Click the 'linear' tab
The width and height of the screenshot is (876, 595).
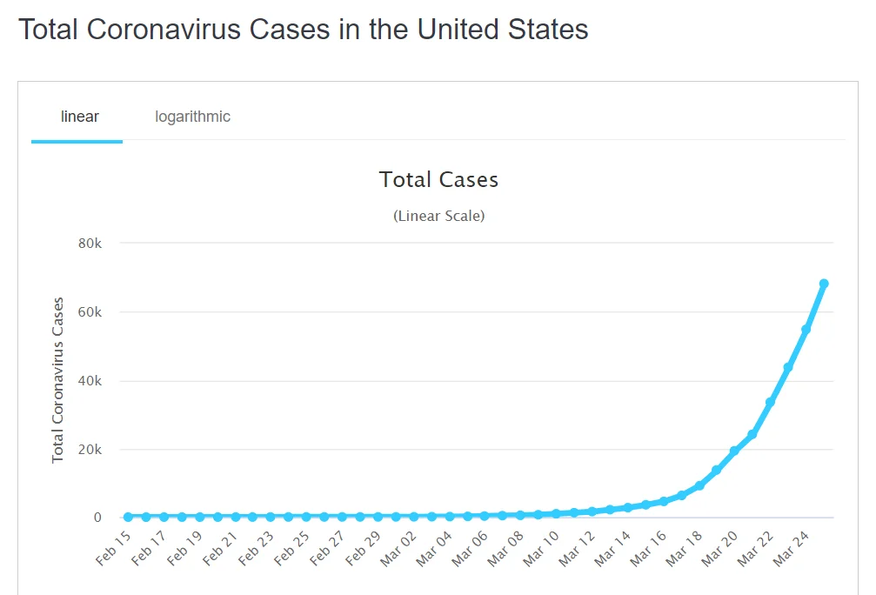79,117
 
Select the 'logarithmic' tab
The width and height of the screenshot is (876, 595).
192,117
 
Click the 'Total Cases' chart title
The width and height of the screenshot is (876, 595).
438,180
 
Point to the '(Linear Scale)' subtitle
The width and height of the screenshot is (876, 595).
438,216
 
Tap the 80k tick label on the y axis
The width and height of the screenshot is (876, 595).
90,244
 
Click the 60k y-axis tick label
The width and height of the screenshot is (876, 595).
90,312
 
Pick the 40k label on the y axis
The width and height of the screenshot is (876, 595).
90,381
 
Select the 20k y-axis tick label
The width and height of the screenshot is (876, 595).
90,450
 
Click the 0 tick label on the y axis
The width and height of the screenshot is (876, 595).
97,518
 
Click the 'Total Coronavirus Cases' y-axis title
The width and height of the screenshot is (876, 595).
58,380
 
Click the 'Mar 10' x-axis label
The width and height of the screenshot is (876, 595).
541,548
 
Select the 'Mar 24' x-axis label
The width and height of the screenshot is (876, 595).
791,548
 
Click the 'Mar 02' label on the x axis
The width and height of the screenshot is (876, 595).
398,548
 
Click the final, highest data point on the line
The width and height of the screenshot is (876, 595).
824,284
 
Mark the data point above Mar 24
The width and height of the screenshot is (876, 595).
806,330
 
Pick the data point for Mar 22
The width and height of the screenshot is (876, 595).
770,402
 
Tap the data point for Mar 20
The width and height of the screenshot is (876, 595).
734,451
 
